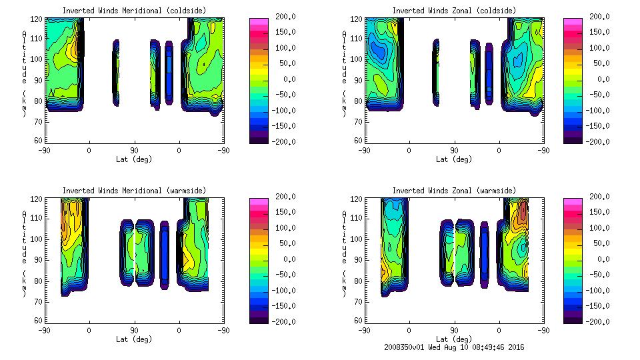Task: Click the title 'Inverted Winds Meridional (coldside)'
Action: (134, 11)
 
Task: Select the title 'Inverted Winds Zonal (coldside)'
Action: (454, 11)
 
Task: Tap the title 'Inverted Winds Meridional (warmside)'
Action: (134, 191)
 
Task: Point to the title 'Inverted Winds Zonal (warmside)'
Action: (454, 191)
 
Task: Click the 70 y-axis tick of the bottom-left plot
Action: (38, 300)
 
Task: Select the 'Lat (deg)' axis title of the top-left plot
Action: (133, 159)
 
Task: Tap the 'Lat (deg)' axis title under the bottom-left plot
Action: (133, 339)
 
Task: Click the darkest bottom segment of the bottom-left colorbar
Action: (258, 319)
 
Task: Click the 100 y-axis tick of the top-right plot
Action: (356, 59)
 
